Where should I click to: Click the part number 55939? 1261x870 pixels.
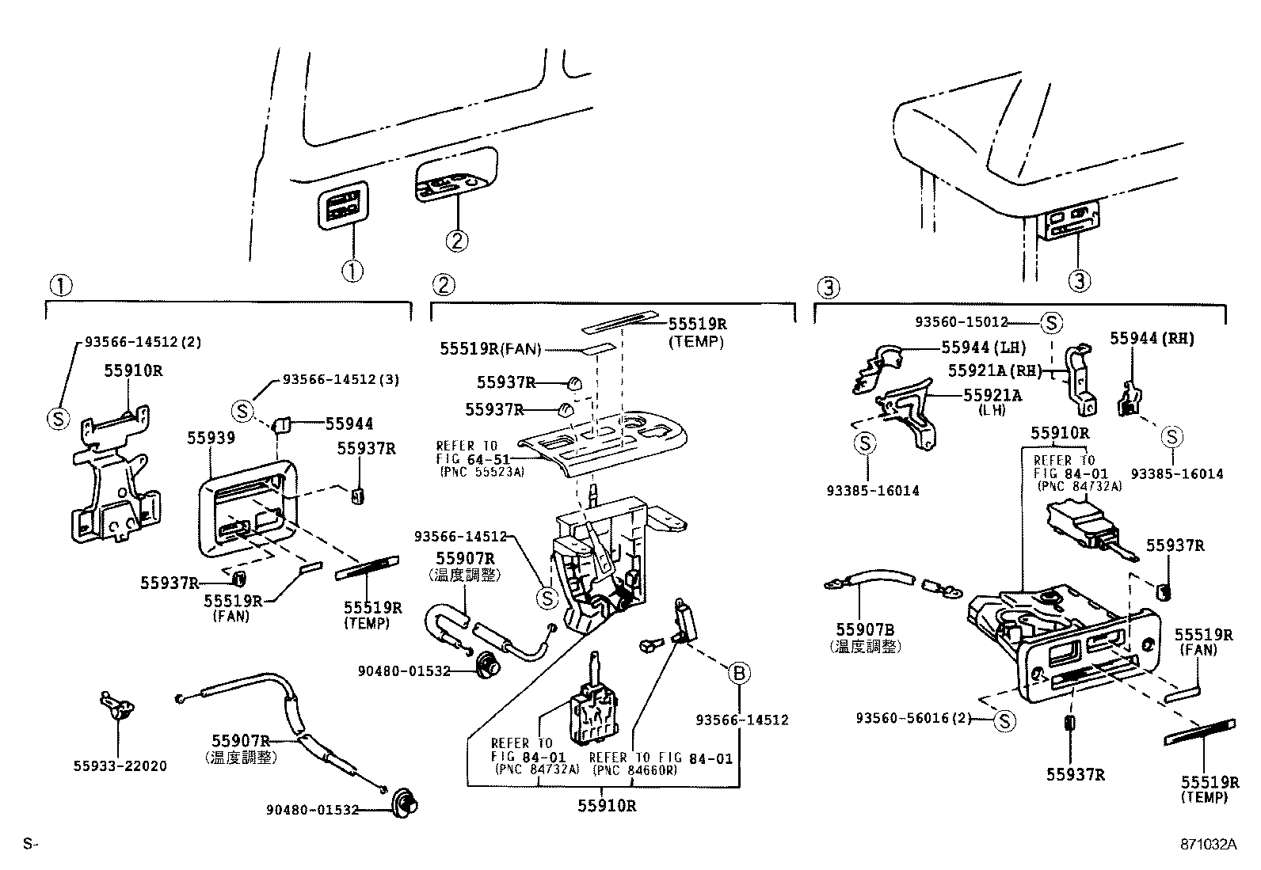point(211,438)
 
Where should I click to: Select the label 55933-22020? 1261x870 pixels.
point(120,766)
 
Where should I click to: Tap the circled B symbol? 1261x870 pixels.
point(738,674)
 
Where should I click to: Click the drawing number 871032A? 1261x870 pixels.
point(1206,845)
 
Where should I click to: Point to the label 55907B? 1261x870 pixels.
point(865,629)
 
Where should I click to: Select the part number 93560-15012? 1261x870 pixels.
point(962,322)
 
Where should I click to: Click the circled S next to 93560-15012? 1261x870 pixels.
point(1051,322)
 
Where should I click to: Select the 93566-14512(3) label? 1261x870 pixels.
point(341,380)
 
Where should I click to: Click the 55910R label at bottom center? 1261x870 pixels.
point(607,806)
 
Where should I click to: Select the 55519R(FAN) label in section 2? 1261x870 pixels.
point(490,348)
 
